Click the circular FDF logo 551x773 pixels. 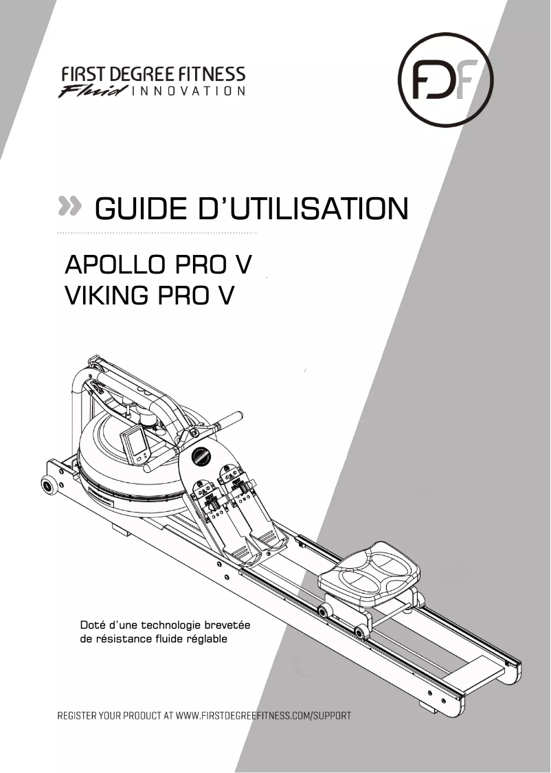click(x=446, y=80)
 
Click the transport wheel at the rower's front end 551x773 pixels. click(x=49, y=486)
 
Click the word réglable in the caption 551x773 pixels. click(x=206, y=639)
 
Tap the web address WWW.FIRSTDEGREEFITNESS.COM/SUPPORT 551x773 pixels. click(x=264, y=715)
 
